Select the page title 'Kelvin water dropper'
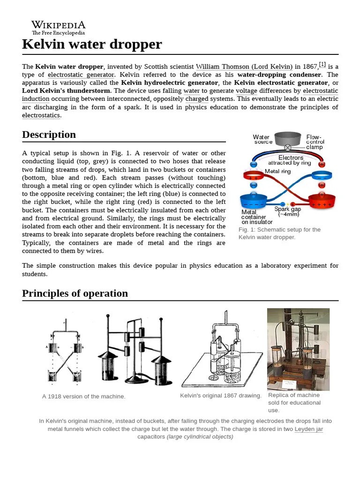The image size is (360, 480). coord(92,44)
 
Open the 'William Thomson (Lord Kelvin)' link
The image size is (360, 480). coord(244,67)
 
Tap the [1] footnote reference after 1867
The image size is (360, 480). coord(322,65)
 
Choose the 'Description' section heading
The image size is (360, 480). coord(49,135)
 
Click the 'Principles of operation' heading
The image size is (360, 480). coord(75,293)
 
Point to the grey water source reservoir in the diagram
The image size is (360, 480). coord(287,138)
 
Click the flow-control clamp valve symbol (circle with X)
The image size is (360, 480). coord(288,148)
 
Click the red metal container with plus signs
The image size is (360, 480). coord(322,202)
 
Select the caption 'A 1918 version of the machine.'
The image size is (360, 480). coord(84,397)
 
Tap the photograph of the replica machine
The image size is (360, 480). coord(298,349)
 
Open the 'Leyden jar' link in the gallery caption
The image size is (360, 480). coord(308,429)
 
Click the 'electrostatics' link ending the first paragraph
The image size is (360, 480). coord(41,115)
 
